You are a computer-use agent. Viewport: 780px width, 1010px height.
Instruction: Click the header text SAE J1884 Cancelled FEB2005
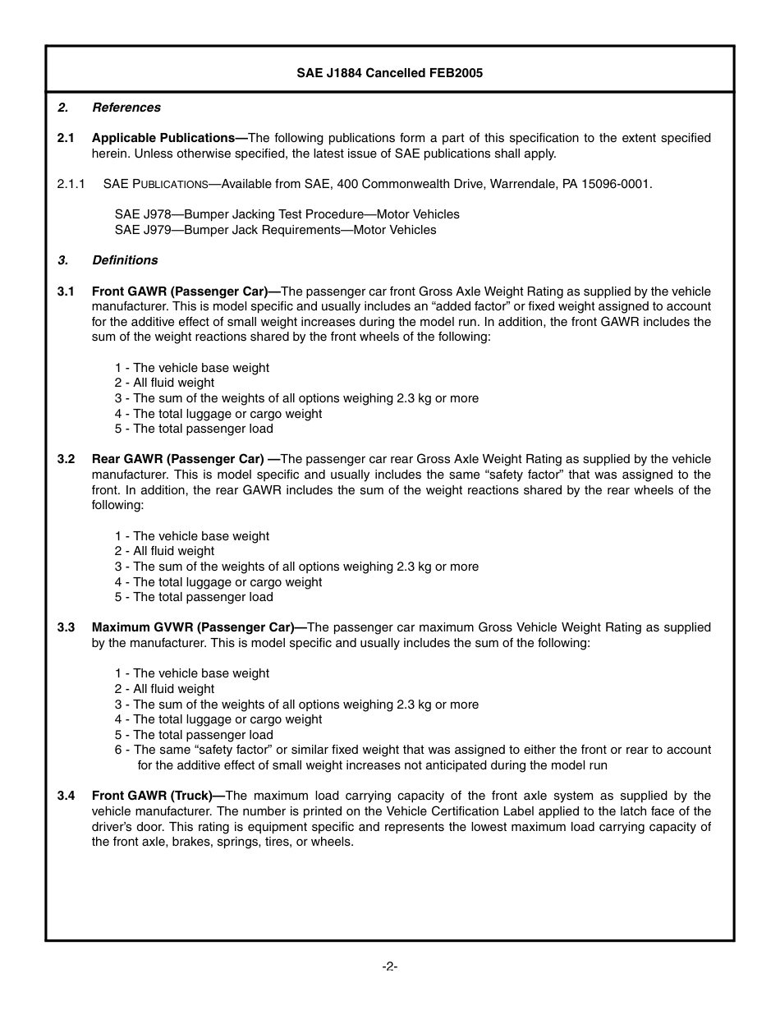389,73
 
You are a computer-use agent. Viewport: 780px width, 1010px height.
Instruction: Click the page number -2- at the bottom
389,966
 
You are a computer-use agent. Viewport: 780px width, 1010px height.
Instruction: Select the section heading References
126,108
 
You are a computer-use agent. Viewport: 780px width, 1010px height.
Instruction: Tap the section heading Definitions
125,260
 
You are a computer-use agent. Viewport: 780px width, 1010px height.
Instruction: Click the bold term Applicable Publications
169,138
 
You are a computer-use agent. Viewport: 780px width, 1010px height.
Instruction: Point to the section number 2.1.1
71,184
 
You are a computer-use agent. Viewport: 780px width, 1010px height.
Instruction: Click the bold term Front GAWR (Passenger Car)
186,292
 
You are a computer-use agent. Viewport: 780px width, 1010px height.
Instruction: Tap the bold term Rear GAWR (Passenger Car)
185,459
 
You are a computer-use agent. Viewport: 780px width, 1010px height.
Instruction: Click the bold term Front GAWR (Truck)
158,796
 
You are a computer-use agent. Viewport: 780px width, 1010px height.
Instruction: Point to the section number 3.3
67,627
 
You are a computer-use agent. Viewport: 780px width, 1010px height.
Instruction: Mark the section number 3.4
67,796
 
